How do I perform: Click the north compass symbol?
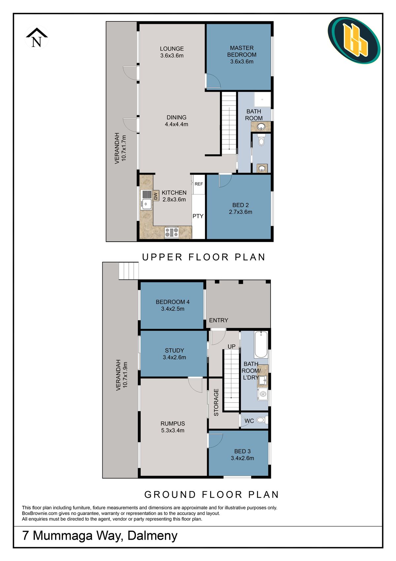click(x=37, y=38)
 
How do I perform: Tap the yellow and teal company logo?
click(x=354, y=40)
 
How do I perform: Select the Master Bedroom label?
click(x=242, y=51)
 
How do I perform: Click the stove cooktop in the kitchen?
click(x=171, y=232)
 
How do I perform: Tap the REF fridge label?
click(x=199, y=184)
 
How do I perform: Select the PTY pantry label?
click(x=198, y=216)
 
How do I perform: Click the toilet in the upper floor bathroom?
click(x=261, y=141)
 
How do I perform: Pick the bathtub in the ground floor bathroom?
click(x=261, y=345)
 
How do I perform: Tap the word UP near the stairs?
click(x=232, y=346)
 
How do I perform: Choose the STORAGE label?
click(x=216, y=402)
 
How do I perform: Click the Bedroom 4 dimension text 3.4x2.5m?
click(x=173, y=309)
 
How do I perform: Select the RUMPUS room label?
click(x=173, y=423)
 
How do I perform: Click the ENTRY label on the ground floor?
click(x=218, y=320)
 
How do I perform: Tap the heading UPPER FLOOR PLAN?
click(x=204, y=257)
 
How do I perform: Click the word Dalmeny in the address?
click(x=152, y=535)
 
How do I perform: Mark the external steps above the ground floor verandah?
click(x=129, y=271)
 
